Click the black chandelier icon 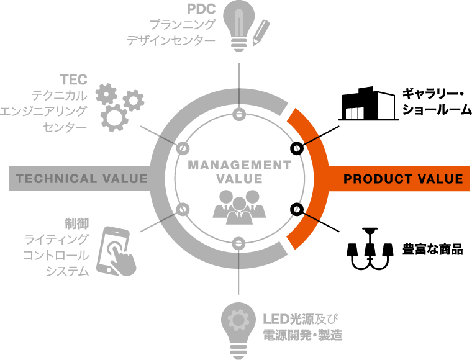[x=370, y=249]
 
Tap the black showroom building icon [x=368, y=104]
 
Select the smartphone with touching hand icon [x=117, y=251]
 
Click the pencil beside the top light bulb [x=261, y=33]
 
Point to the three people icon [x=239, y=207]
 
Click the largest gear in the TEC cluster [x=114, y=118]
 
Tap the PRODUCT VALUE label [x=403, y=179]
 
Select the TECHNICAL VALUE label [x=82, y=179]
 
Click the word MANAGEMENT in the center [x=240, y=165]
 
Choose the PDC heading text [x=201, y=9]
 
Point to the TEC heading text [x=73, y=79]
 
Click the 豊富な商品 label [x=433, y=250]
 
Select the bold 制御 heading [x=77, y=224]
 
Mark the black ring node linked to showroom [x=297, y=148]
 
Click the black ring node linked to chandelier [x=297, y=209]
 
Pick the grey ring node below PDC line [x=239, y=114]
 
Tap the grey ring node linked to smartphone [x=183, y=209]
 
